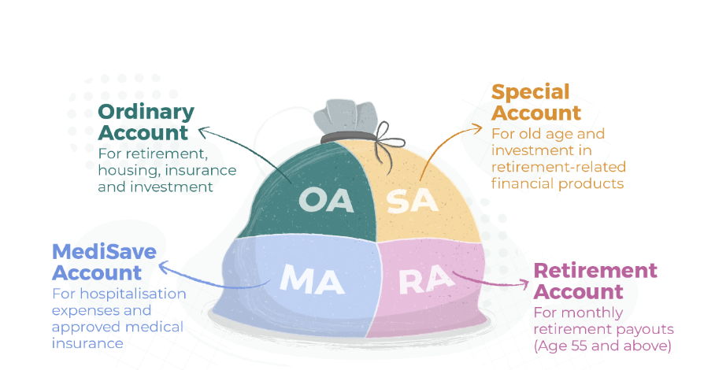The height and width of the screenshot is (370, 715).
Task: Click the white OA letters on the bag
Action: pos(327,201)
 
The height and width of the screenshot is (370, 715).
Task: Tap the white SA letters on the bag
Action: pos(412,201)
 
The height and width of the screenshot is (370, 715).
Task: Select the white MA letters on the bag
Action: pos(312,279)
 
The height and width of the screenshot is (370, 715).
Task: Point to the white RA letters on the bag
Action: pos(427,279)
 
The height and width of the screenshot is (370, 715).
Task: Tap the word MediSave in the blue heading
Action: pos(105,252)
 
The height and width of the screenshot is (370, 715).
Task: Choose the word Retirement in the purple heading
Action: pos(595,271)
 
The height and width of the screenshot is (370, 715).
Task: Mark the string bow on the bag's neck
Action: pos(387,141)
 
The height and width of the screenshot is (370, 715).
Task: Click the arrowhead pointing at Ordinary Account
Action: pos(203,132)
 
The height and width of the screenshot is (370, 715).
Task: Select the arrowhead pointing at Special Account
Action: pos(477,128)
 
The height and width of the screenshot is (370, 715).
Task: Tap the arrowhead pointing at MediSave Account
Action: pos(163,265)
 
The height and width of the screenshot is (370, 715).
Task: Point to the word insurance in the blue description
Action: pos(87,343)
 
